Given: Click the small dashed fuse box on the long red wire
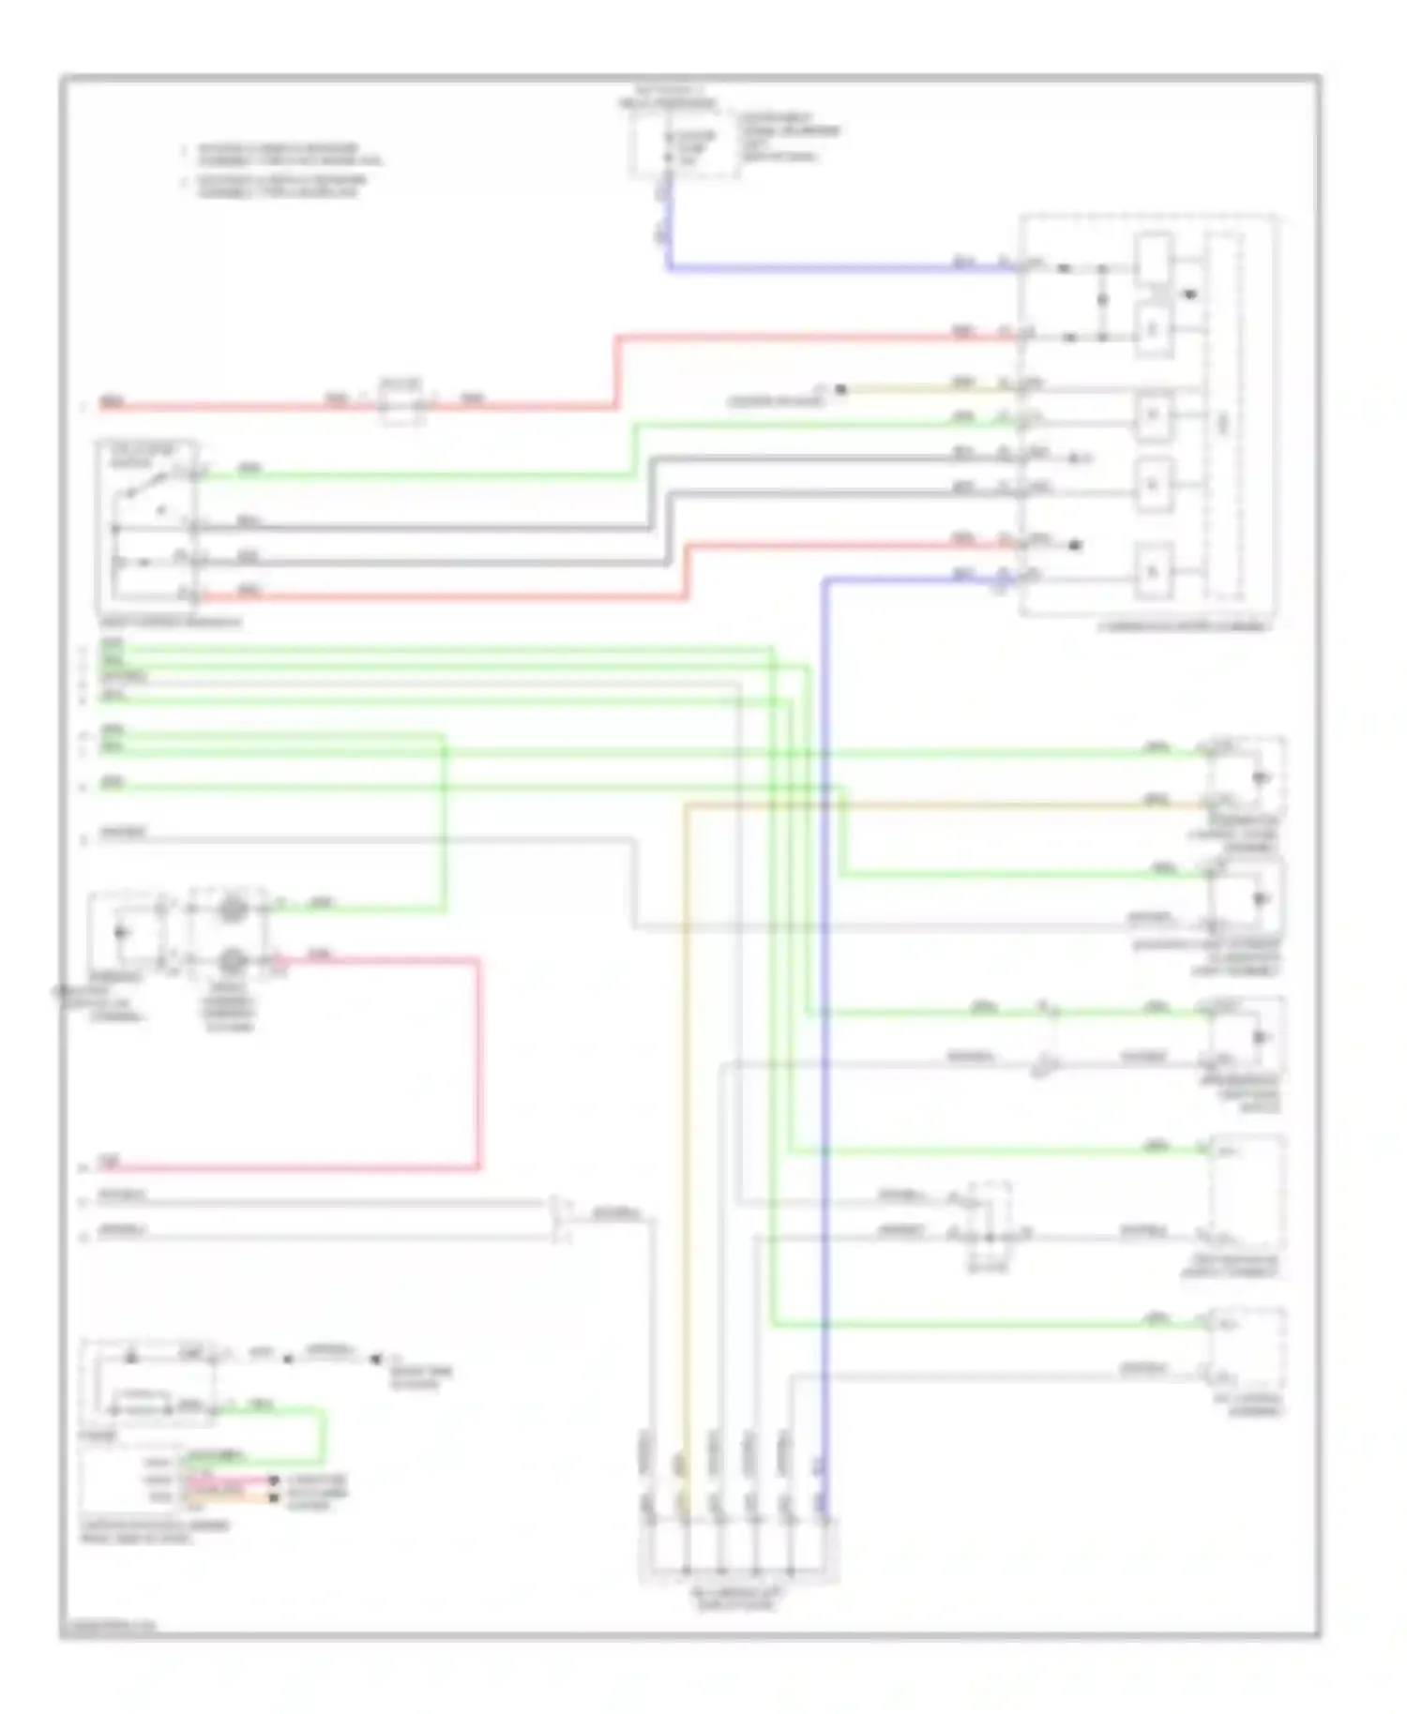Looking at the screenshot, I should pos(401,402).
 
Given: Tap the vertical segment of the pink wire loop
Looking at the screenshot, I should pos(478,1064).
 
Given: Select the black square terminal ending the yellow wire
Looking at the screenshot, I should pos(840,388).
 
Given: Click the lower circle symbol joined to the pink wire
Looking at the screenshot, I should pos(232,961).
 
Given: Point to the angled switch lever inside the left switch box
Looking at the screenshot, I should pos(150,487).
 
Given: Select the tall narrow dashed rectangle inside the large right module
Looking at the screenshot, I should pos(1224,417).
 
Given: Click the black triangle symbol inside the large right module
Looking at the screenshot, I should pos(1189,294).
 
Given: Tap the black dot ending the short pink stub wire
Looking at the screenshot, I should pos(273,1481).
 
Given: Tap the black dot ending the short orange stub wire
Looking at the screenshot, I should pos(273,1497).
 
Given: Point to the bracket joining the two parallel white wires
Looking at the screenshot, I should pos(562,1218).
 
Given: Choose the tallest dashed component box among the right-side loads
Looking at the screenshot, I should pos(1248,1191).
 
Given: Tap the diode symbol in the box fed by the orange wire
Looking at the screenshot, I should pos(1261,778).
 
